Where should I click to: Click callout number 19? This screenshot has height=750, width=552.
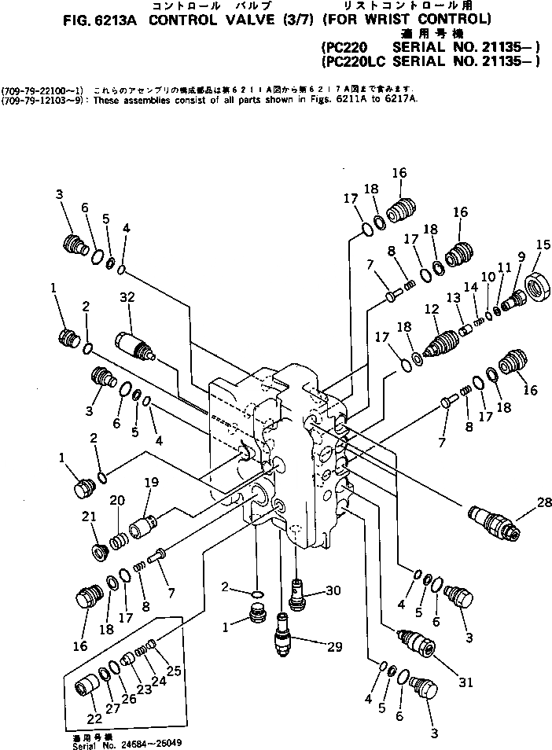pos(151,483)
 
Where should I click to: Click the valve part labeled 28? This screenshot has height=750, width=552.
pos(492,521)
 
